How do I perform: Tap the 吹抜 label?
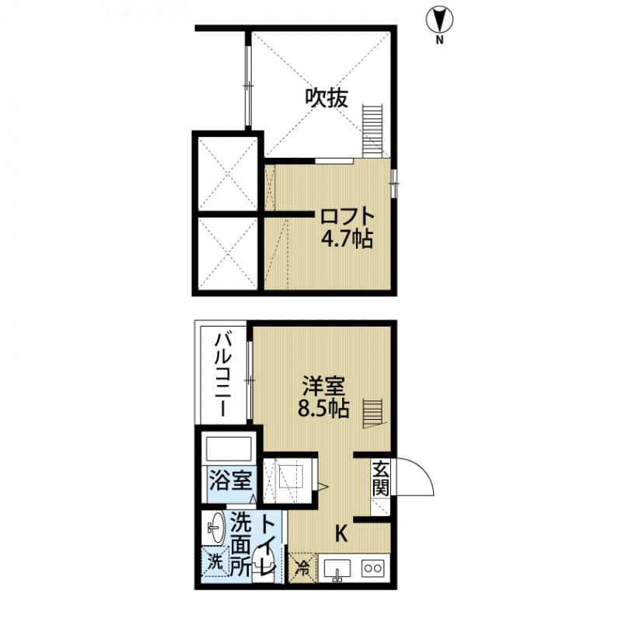pyautogui.click(x=325, y=99)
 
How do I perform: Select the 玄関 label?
pyautogui.click(x=379, y=478)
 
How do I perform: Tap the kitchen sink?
pyautogui.click(x=337, y=569)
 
